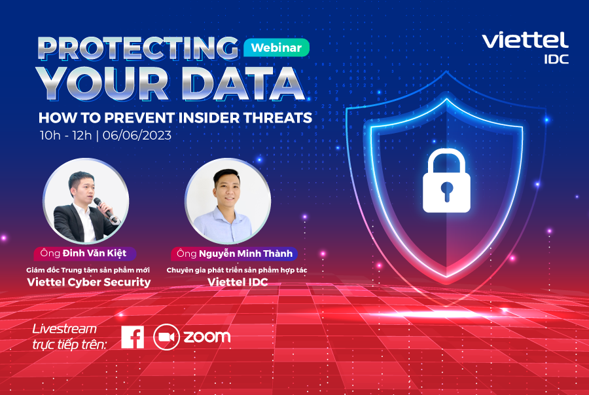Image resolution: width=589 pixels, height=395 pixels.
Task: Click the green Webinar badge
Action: pos(276,48)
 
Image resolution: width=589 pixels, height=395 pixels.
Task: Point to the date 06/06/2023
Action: pos(137,136)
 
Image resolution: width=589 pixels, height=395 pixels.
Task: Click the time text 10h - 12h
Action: pos(65,136)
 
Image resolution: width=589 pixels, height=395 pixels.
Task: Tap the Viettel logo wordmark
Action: pos(525,40)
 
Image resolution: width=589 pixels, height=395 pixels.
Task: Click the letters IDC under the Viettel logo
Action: pos(556,60)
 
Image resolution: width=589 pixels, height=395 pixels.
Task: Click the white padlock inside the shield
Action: pos(446,181)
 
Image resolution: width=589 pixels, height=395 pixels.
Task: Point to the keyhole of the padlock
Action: pos(446,191)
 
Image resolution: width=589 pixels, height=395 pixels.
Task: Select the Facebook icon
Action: pos(133,337)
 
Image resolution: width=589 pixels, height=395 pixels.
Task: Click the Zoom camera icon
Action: pos(166,337)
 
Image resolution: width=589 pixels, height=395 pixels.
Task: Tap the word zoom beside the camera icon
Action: pos(207,337)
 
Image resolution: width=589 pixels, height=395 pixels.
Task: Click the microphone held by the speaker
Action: pos(104,209)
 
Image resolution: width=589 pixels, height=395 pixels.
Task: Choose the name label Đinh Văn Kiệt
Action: pos(84,254)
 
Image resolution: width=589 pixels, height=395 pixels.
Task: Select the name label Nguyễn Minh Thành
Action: pos(234,254)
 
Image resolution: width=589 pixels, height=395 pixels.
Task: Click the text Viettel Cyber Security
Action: pos(88,282)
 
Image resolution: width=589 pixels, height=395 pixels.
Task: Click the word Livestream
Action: pos(65,329)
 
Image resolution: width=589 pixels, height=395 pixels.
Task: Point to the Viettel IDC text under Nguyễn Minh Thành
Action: pos(238,282)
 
